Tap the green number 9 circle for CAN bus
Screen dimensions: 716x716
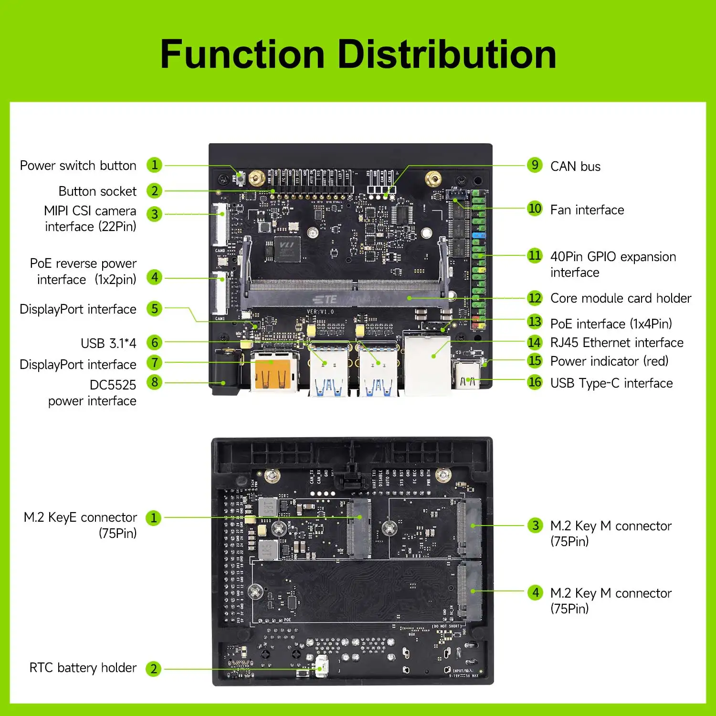pyautogui.click(x=535, y=165)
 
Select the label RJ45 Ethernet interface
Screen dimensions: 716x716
pyautogui.click(x=616, y=343)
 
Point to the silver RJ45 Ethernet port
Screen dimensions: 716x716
pyautogui.click(x=428, y=365)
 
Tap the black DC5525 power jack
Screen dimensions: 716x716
pyautogui.click(x=226, y=372)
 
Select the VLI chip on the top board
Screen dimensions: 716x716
pyautogui.click(x=287, y=249)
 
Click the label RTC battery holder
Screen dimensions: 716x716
pyautogui.click(x=83, y=667)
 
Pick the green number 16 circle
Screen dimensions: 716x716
pyautogui.click(x=535, y=382)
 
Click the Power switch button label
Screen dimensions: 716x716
pyautogui.click(x=78, y=166)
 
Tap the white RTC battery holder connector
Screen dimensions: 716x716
pyautogui.click(x=322, y=665)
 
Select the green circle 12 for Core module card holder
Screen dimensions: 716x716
pyautogui.click(x=535, y=298)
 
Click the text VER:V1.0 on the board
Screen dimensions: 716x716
pyautogui.click(x=320, y=312)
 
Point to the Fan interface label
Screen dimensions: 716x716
pyautogui.click(x=587, y=210)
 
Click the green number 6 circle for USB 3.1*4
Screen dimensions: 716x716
pyautogui.click(x=154, y=342)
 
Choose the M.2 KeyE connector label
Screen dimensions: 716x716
pyautogui.click(x=80, y=525)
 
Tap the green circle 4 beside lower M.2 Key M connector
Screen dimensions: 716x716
pyautogui.click(x=536, y=593)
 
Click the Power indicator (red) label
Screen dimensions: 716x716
pyautogui.click(x=609, y=361)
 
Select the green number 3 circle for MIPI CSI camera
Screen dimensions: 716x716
pyautogui.click(x=154, y=214)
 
